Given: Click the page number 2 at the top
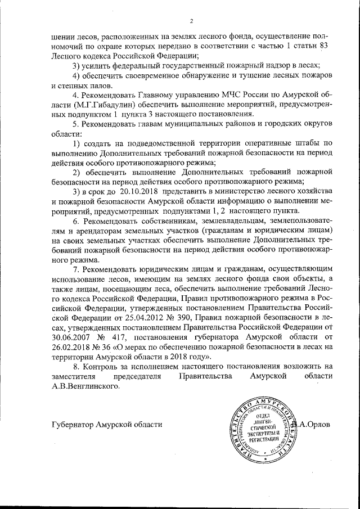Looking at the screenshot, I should (191, 21).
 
